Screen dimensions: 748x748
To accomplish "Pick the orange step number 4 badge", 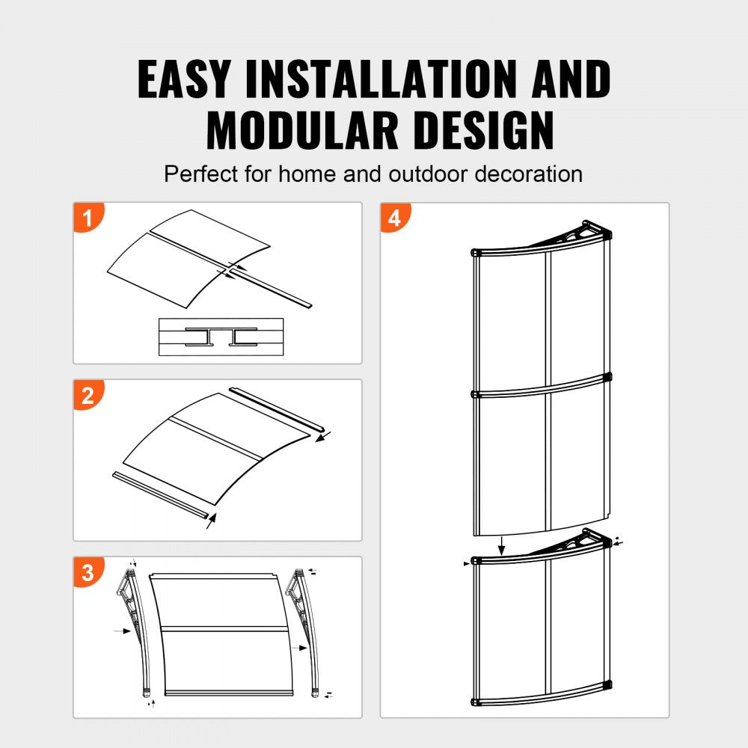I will pyautogui.click(x=396, y=218).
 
